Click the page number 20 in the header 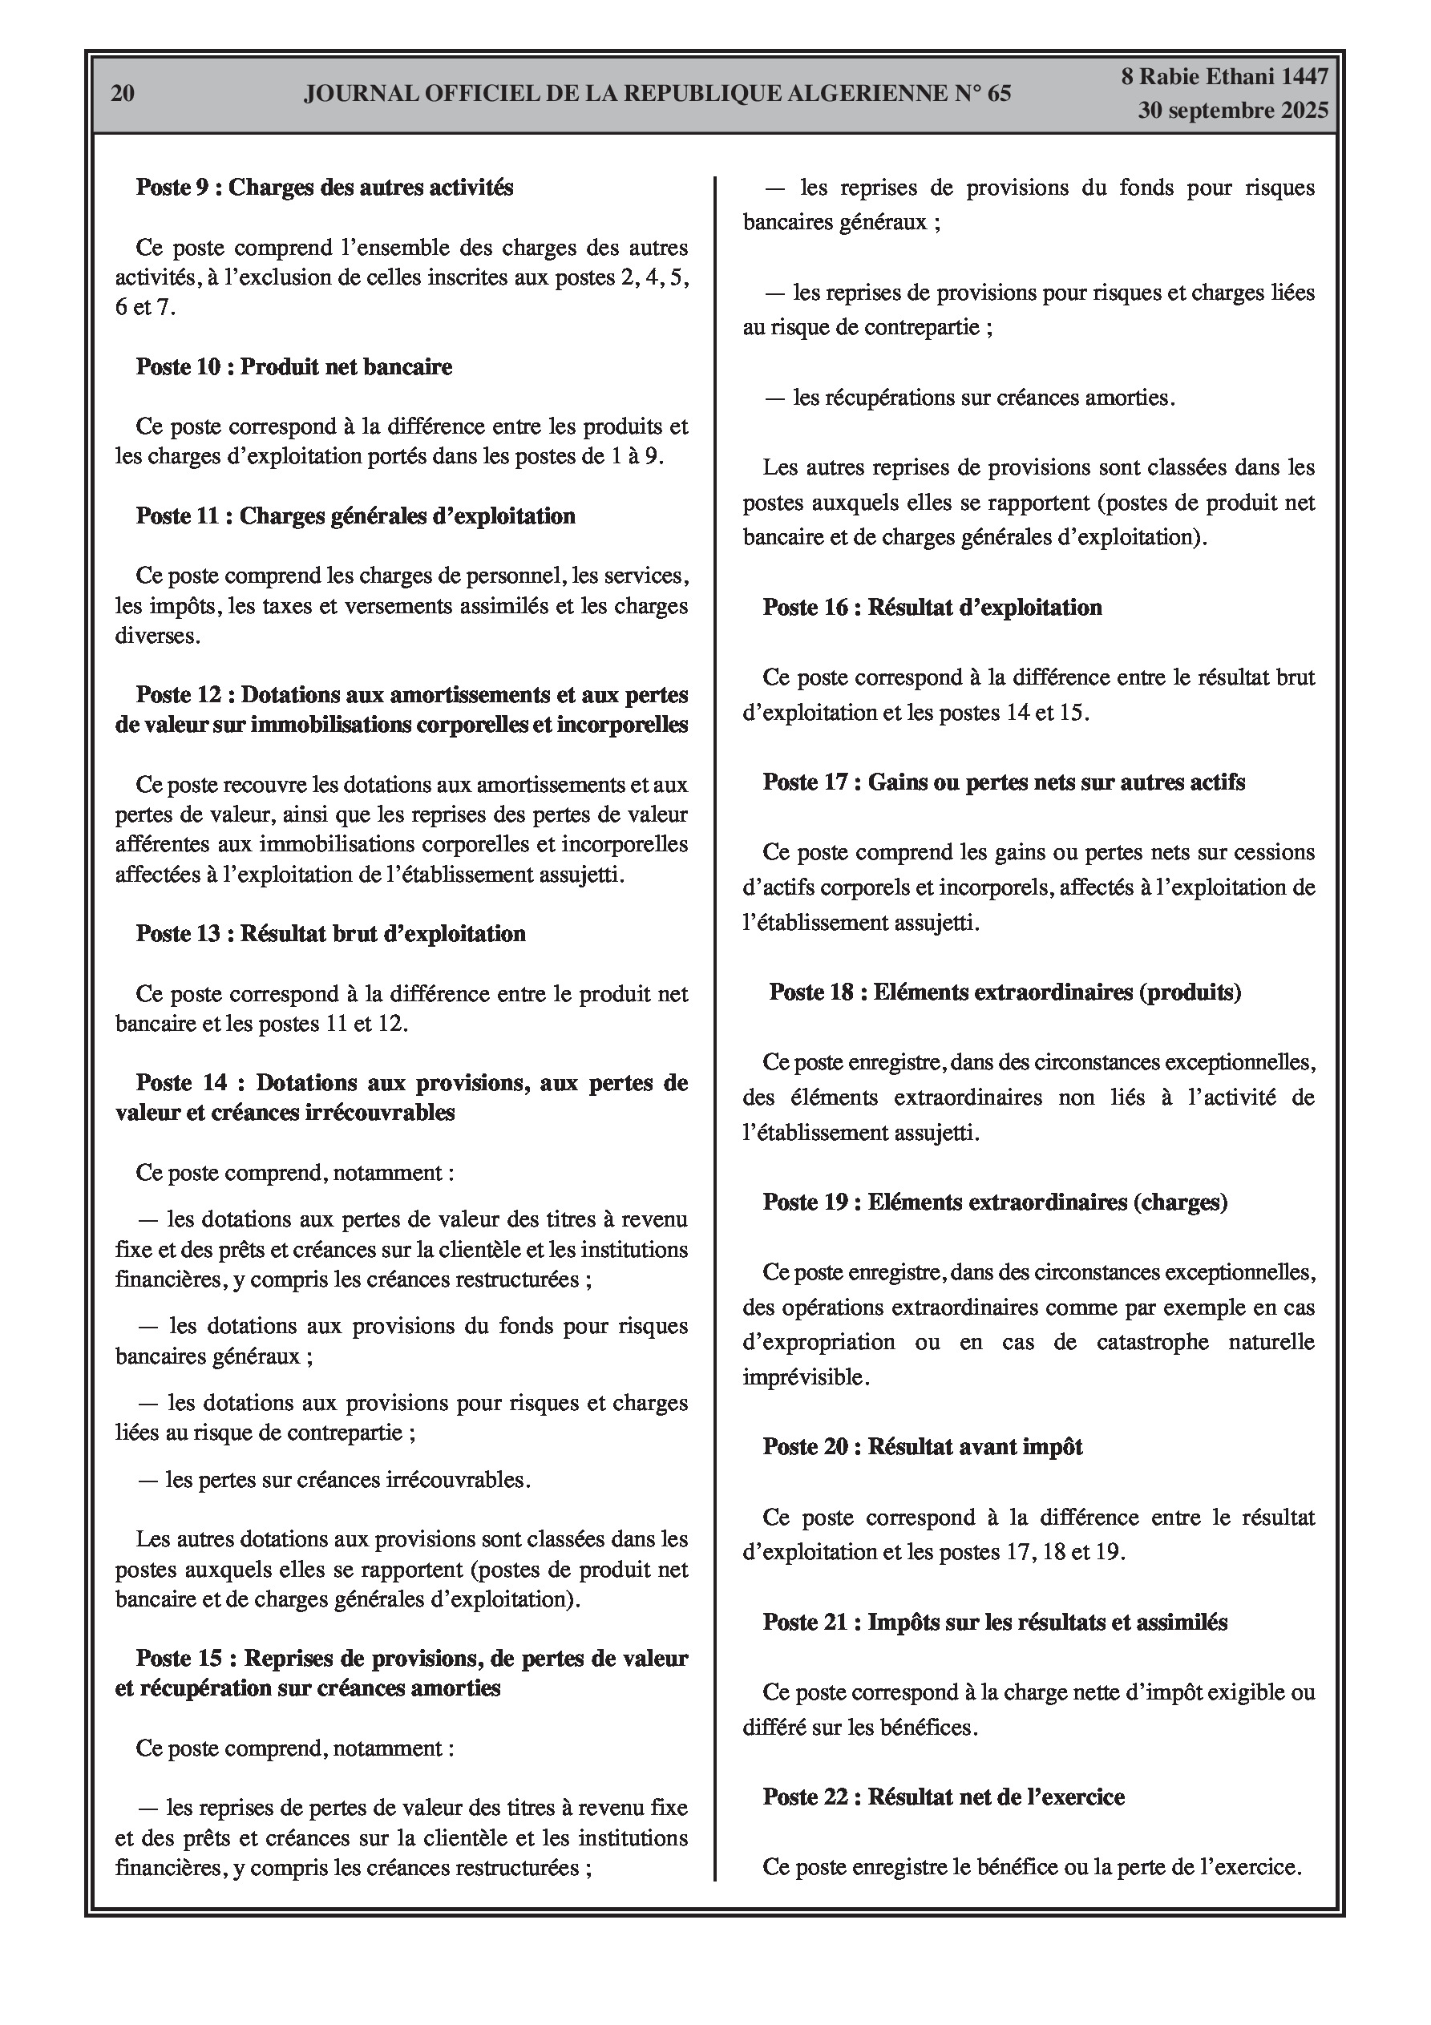[x=123, y=94]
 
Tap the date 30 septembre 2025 [x=1232, y=111]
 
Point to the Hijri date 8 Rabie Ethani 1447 [x=1224, y=77]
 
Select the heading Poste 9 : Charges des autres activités [x=324, y=187]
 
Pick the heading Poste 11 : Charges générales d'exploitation [x=354, y=516]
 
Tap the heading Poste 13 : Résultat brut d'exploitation [x=330, y=934]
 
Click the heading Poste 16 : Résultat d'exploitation [x=932, y=608]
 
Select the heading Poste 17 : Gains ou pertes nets [x=1004, y=782]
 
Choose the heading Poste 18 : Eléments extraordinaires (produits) [x=1005, y=992]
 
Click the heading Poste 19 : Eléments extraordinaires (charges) [x=995, y=1202]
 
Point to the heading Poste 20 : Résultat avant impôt [x=923, y=1447]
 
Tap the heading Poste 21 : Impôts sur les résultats [x=995, y=1622]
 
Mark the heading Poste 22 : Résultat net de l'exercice [x=944, y=1797]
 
